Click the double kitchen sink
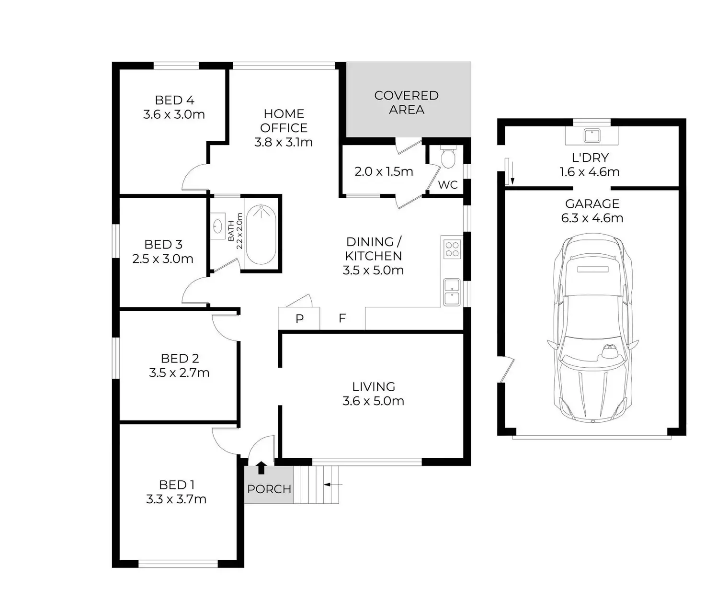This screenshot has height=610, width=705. tap(452, 292)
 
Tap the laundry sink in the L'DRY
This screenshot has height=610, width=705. tap(592, 136)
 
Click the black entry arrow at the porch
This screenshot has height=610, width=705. tap(261, 467)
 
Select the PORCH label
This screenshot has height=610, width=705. tap(269, 489)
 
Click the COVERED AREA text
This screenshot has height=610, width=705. tap(406, 102)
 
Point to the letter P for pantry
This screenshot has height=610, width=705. tap(299, 319)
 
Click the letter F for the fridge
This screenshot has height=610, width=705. tap(342, 318)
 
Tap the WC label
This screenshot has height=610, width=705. tap(448, 185)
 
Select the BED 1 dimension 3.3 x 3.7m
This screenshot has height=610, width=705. tap(176, 499)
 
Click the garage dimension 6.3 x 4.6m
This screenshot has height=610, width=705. tap(592, 218)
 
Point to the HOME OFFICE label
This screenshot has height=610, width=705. tap(284, 121)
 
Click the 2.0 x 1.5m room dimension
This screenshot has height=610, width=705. tap(384, 171)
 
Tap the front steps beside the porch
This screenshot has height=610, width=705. tap(316, 485)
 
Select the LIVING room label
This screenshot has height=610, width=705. tap(373, 386)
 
